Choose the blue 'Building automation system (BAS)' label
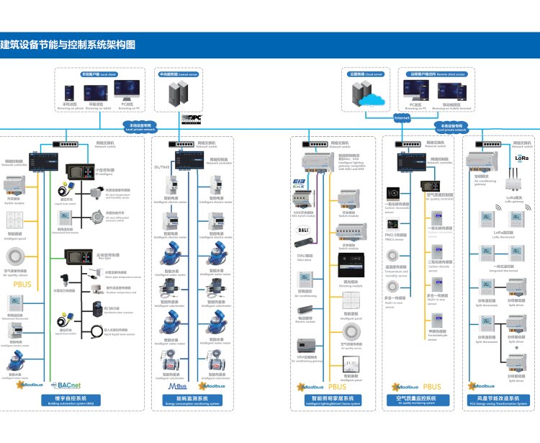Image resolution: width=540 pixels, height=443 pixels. [x=71, y=400]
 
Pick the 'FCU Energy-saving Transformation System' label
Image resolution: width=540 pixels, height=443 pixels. [x=498, y=400]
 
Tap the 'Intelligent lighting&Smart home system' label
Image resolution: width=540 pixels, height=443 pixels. [x=332, y=400]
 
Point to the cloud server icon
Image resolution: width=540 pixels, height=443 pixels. [x=373, y=97]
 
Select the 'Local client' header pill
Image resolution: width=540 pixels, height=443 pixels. [x=99, y=73]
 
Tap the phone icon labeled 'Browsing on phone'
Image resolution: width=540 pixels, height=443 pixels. [x=70, y=92]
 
